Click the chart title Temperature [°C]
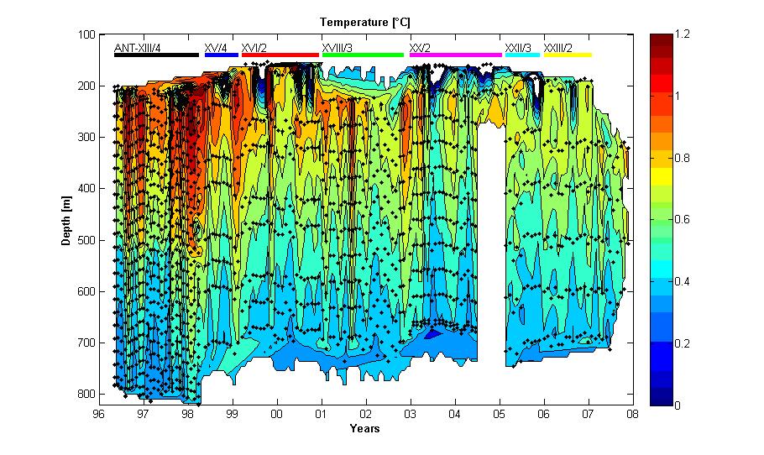tap(364, 21)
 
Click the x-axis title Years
tap(364, 429)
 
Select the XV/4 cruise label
tap(216, 48)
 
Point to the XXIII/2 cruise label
tap(558, 48)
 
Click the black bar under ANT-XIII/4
tap(156, 55)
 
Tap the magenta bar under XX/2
tap(455, 55)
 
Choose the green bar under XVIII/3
tap(363, 55)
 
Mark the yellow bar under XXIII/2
tap(567, 55)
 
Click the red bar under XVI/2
tap(280, 55)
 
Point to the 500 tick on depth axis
tap(85, 240)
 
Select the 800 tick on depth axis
tap(85, 395)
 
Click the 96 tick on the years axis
tap(99, 414)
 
